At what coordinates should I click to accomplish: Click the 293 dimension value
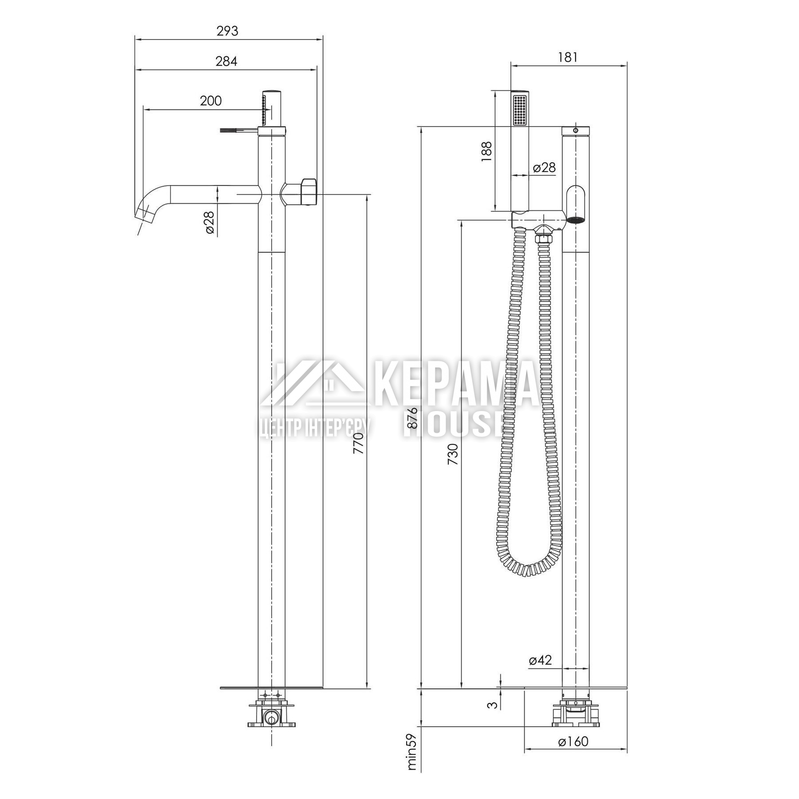click(x=227, y=31)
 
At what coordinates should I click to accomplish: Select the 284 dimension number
click(x=226, y=61)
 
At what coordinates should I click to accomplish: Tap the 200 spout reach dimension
click(x=210, y=101)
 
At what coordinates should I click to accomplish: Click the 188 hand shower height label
click(x=487, y=151)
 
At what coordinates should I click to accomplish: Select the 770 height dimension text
click(x=358, y=443)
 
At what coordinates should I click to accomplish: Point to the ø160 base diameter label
click(x=573, y=741)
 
